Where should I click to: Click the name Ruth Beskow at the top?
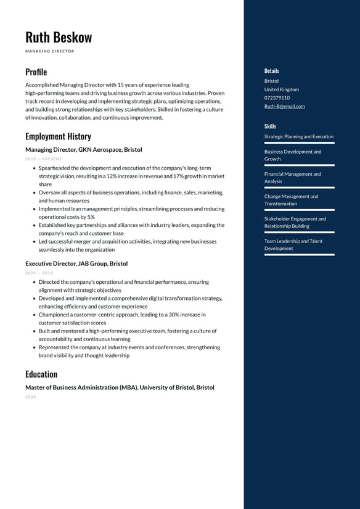(x=59, y=37)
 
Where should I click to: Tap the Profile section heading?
(x=36, y=72)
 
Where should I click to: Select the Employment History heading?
(x=58, y=136)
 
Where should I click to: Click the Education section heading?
(x=41, y=374)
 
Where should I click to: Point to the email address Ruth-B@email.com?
(x=284, y=106)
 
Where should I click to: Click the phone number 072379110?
(x=277, y=97)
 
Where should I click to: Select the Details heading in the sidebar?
(x=271, y=71)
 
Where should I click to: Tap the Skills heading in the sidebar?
(x=270, y=126)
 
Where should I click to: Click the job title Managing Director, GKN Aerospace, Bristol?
(x=83, y=150)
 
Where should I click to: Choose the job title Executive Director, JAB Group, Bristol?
(x=76, y=263)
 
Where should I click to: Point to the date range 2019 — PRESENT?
(x=44, y=159)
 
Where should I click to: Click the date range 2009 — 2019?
(x=39, y=273)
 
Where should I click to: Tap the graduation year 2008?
(x=31, y=397)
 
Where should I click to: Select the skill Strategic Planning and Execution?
(x=298, y=136)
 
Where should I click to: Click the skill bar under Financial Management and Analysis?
(x=299, y=188)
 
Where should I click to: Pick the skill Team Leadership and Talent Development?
(x=293, y=245)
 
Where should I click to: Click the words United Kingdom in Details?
(x=281, y=89)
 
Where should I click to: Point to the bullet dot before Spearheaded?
(x=33, y=168)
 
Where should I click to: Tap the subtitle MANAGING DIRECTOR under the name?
(x=49, y=51)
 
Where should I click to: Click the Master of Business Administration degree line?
(x=120, y=387)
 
